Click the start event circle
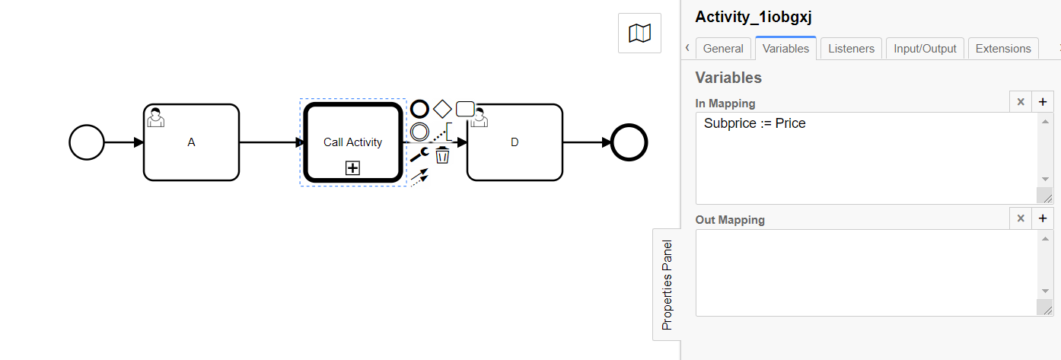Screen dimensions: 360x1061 [x=87, y=142]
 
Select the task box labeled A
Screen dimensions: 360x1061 [x=191, y=142]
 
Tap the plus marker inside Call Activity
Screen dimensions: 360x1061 [x=352, y=168]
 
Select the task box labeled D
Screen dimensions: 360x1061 [x=515, y=142]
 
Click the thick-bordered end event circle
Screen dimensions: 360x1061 [x=629, y=142]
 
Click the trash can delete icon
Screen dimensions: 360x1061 [x=442, y=156]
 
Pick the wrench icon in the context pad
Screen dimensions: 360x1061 [x=419, y=156]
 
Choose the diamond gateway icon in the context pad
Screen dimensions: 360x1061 [x=442, y=109]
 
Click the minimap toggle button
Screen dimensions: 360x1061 [x=639, y=33]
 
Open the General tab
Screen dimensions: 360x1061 [x=723, y=49]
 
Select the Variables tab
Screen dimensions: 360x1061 [x=785, y=49]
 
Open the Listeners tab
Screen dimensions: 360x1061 [x=852, y=49]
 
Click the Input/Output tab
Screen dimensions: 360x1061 [x=925, y=49]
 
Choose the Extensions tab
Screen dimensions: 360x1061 [x=1002, y=49]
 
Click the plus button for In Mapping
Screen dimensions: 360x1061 [x=1043, y=102]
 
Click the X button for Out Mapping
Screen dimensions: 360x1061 [x=1021, y=218]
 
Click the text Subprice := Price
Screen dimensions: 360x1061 [x=754, y=123]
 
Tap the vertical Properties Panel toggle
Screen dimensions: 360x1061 [x=667, y=285]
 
